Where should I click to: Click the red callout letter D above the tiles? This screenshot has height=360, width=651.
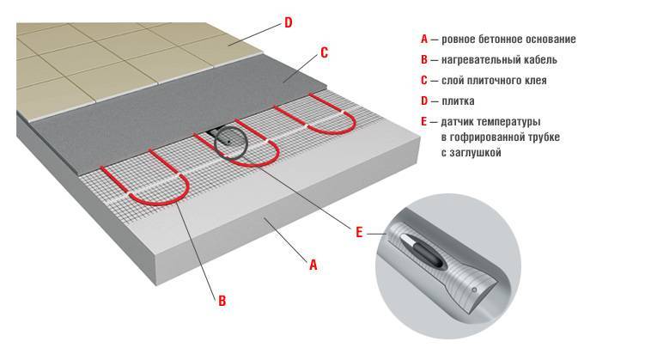coord(288,22)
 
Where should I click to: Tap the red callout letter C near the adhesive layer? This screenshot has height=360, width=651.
coord(325,52)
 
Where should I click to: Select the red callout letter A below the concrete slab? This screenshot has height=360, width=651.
coord(313,265)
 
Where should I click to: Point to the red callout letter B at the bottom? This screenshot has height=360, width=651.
coord(222,301)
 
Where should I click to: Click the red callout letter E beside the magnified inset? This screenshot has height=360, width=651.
coord(359,232)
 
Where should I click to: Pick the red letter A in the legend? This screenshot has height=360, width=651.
coord(424,39)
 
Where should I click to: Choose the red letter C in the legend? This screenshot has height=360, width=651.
coord(424,80)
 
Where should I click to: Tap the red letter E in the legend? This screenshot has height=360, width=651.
coord(423,122)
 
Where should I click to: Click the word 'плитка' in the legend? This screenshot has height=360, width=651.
coord(458,101)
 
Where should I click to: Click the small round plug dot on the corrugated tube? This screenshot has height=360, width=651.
coord(474,290)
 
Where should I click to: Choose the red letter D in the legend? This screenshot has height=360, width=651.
coord(424,101)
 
